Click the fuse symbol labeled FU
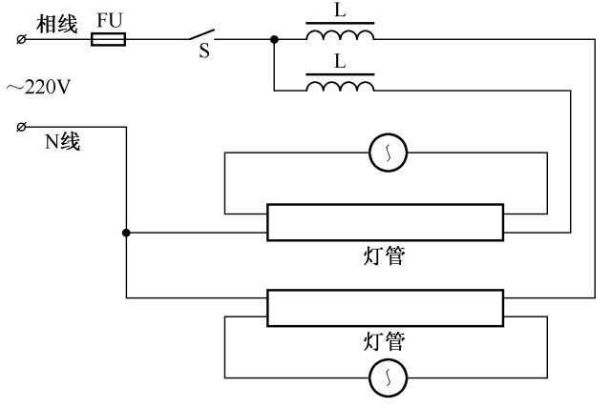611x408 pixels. (x=108, y=40)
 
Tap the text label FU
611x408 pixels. (x=109, y=21)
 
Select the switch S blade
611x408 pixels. (x=204, y=36)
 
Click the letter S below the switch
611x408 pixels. (x=203, y=53)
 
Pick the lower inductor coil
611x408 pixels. (x=340, y=88)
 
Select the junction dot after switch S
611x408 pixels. (x=274, y=40)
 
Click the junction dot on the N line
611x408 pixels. (x=126, y=232)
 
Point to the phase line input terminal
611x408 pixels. (x=21, y=40)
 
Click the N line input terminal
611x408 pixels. (x=21, y=126)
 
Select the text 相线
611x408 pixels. (x=56, y=24)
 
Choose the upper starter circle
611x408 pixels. (x=389, y=151)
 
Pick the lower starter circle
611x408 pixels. (x=389, y=378)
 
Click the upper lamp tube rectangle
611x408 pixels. (x=385, y=223)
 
